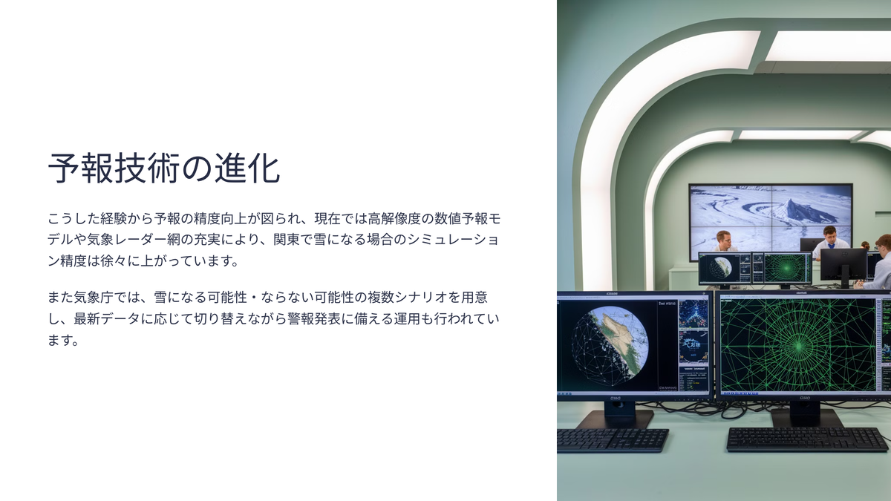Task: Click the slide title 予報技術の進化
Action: point(164,168)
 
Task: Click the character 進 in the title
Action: point(230,168)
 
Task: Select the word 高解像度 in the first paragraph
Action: point(394,218)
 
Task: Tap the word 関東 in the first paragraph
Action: point(287,240)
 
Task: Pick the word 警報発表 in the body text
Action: point(314,319)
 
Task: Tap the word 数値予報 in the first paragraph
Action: point(460,218)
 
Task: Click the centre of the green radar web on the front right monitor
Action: point(798,347)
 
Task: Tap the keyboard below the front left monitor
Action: point(612,440)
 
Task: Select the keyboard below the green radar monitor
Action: point(808,439)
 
